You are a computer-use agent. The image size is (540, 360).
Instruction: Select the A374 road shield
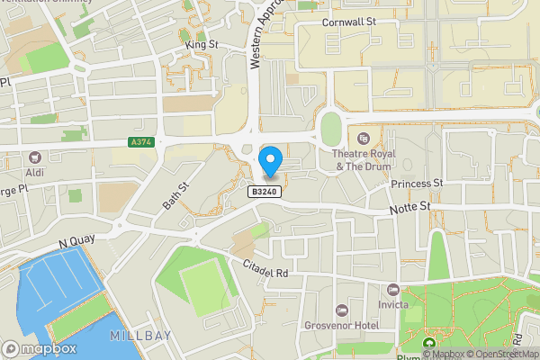(141, 142)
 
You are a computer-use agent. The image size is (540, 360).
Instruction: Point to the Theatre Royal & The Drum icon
(364, 138)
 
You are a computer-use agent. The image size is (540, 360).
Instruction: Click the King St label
(202, 43)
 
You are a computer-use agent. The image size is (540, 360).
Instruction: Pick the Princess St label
(418, 183)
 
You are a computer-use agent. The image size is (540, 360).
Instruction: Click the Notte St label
(411, 208)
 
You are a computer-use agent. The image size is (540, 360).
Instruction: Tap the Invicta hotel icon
(392, 290)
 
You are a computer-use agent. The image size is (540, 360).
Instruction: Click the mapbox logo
(40, 348)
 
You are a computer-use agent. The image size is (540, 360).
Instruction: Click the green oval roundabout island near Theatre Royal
(331, 130)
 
